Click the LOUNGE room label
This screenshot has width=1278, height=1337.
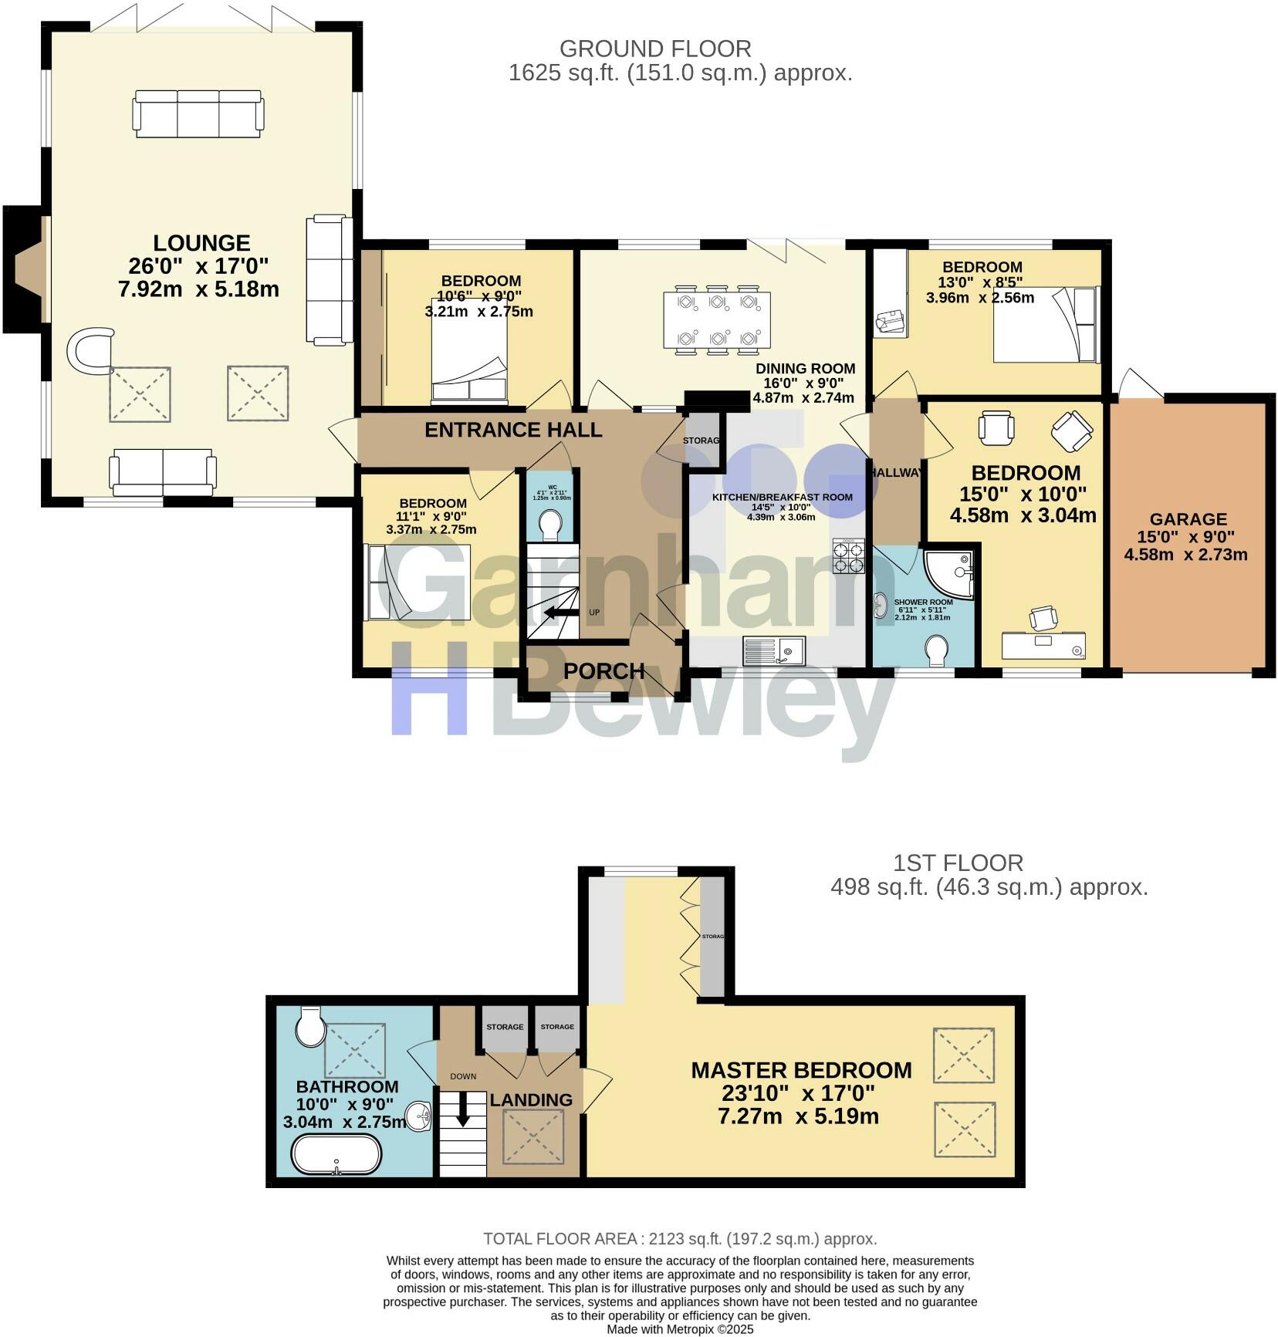click(201, 243)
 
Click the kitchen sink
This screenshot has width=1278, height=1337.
click(773, 650)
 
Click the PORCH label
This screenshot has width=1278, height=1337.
click(603, 670)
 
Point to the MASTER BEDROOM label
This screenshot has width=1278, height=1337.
click(801, 1070)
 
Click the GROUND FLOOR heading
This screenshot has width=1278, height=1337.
click(654, 49)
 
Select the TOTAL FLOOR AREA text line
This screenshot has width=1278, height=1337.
click(680, 1239)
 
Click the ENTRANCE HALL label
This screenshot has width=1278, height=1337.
click(513, 430)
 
